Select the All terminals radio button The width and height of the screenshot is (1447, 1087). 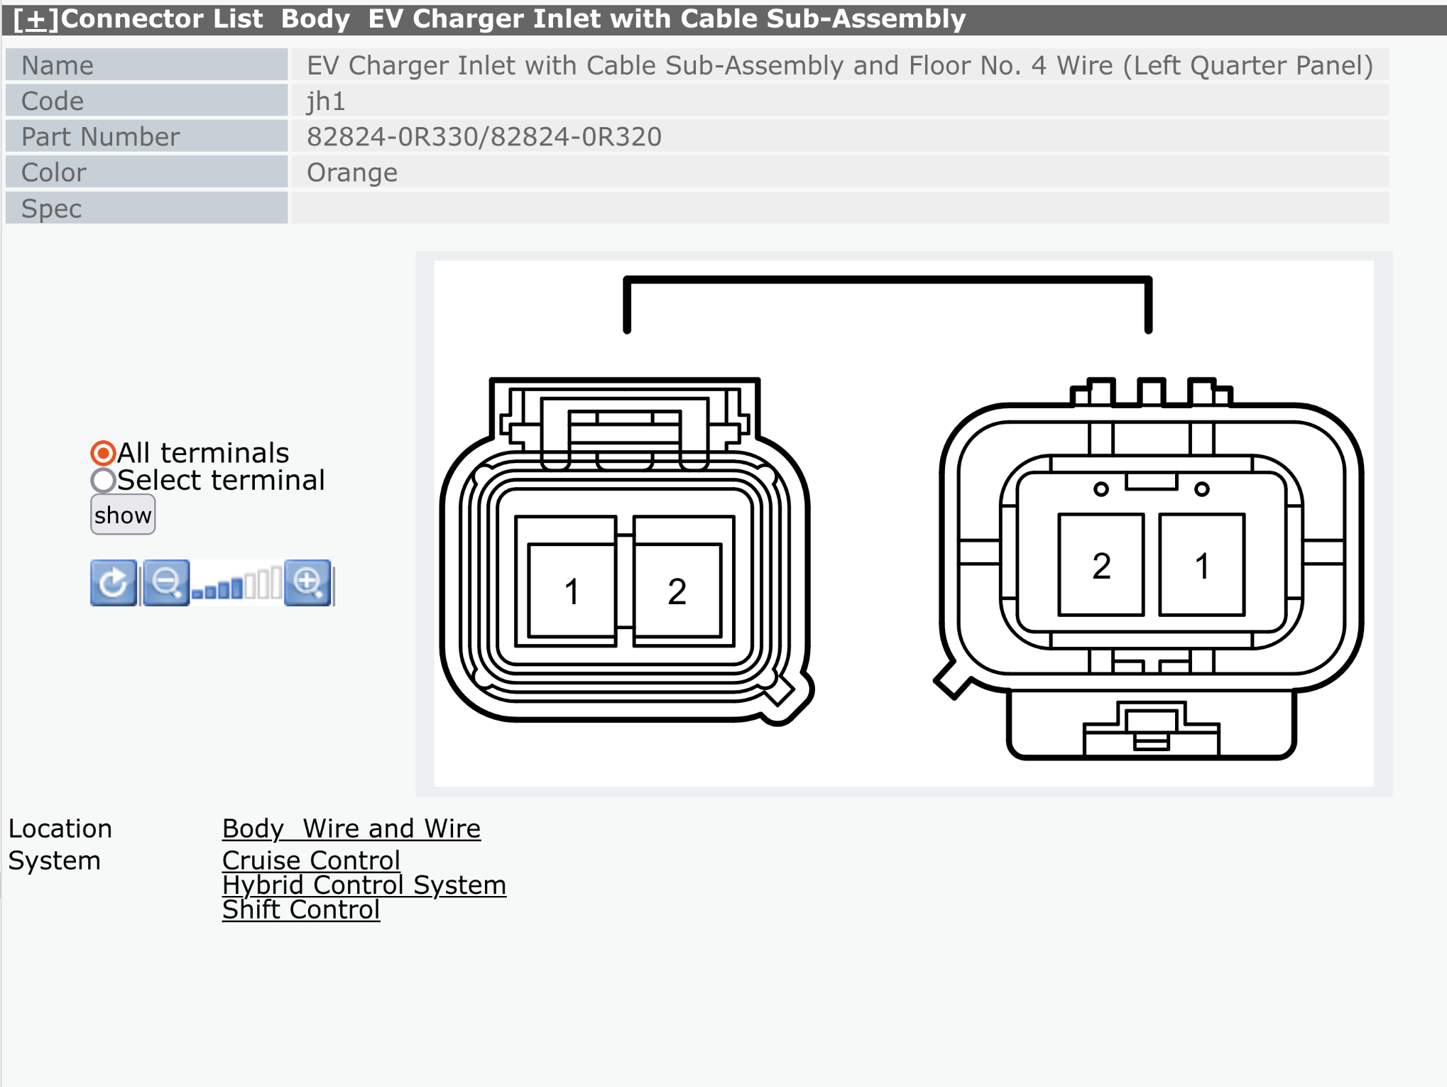coord(103,453)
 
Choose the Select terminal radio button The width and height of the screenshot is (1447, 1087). coord(103,481)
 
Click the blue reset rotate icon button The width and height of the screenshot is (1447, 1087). coord(114,583)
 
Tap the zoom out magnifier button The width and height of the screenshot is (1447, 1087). coord(166,583)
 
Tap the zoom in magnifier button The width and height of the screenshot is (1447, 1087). coord(307,583)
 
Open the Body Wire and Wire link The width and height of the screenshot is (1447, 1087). coord(351,829)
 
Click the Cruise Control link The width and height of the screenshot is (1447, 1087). coord(311,861)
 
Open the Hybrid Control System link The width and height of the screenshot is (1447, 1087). coord(364,885)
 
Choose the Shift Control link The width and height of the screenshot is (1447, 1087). coord(300,910)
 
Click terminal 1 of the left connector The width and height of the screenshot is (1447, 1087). coord(572,591)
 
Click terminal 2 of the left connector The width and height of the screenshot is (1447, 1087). coord(677,591)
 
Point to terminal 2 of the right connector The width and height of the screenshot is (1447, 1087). coord(1101,565)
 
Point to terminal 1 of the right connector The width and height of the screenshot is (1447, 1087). coord(1201,565)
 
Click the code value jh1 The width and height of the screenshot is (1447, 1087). coord(326,102)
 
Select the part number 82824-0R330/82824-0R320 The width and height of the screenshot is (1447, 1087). coord(484,137)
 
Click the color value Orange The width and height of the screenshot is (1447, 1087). coord(351,173)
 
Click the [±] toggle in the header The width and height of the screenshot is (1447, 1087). coord(36,19)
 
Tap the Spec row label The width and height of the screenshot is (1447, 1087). coord(51,209)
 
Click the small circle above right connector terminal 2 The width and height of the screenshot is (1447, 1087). coord(1101,489)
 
